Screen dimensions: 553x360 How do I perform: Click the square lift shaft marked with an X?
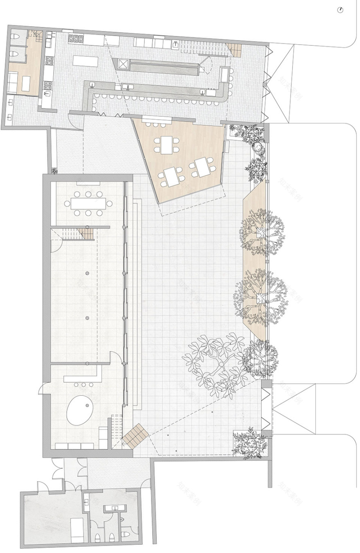(x=123, y=63)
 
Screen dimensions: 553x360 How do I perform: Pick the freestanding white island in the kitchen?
(x=85, y=61)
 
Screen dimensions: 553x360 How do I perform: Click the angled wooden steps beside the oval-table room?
(x=136, y=436)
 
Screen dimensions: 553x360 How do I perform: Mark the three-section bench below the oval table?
(x=74, y=446)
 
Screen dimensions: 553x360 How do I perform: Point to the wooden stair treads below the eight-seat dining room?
(x=87, y=234)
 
